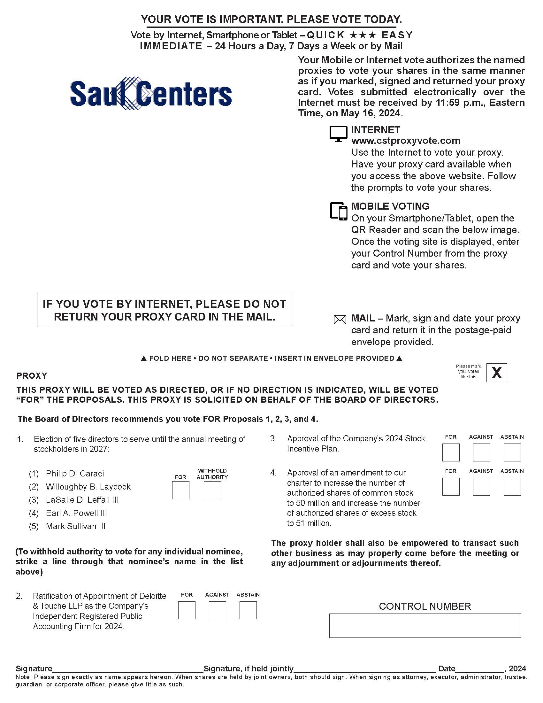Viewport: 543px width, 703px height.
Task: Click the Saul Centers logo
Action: (x=151, y=94)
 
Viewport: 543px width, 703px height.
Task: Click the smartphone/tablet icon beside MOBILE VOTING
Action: (x=339, y=212)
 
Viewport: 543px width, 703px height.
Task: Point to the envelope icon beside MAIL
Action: (x=340, y=320)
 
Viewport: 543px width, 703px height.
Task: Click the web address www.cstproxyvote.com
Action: (x=406, y=141)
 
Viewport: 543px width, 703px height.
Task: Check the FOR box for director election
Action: (x=180, y=490)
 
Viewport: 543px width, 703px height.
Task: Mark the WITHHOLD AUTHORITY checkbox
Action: (x=212, y=490)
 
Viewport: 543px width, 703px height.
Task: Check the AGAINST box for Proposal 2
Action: (x=217, y=611)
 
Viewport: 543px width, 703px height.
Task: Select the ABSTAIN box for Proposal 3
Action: (x=512, y=452)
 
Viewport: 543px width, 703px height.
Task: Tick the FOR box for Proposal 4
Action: (x=451, y=486)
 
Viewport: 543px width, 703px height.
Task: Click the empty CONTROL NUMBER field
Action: (x=424, y=625)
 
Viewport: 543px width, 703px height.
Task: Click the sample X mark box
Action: (x=496, y=373)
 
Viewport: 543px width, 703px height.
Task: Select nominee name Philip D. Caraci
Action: (x=75, y=474)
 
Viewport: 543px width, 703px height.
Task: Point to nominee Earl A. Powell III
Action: (x=76, y=513)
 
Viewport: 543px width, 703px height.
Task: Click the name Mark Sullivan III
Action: (x=76, y=526)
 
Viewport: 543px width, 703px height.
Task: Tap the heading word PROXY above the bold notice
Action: (x=32, y=376)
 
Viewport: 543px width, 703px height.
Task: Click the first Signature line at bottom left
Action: (x=127, y=669)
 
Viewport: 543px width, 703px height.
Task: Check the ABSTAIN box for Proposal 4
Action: (x=512, y=486)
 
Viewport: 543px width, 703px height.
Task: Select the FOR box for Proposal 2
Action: (x=187, y=611)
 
